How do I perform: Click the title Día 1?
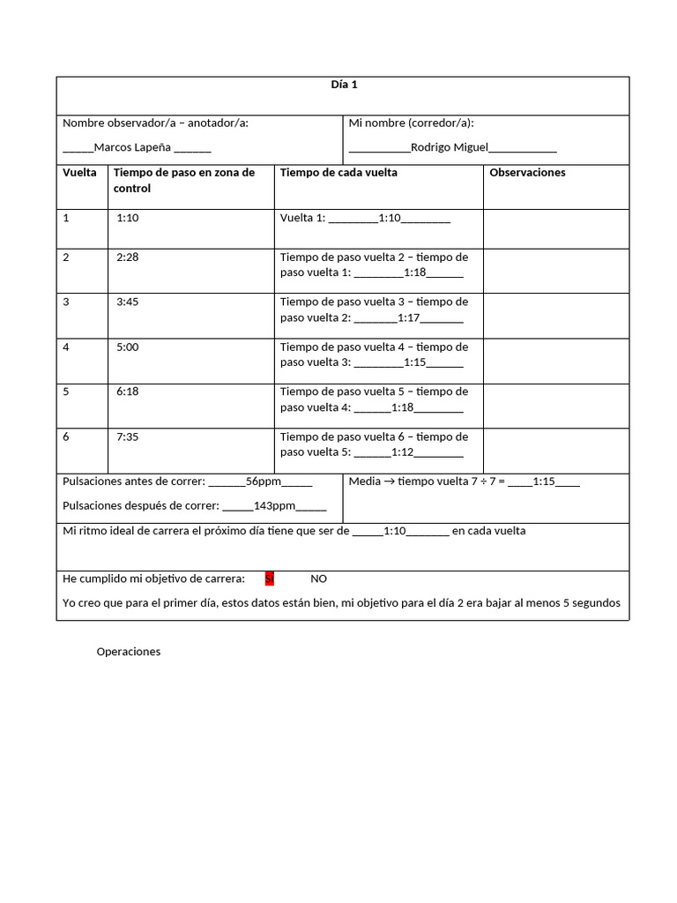(343, 85)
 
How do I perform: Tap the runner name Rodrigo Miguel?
(450, 147)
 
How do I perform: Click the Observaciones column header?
(527, 173)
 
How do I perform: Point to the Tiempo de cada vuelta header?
(338, 173)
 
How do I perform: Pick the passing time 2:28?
(128, 257)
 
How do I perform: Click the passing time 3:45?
(128, 302)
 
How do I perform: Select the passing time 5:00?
(128, 347)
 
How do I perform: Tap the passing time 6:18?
(128, 392)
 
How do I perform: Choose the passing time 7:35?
(128, 437)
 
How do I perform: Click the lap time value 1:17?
(409, 317)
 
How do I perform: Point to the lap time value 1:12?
(402, 452)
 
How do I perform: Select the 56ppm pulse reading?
(264, 481)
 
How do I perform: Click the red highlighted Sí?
(270, 578)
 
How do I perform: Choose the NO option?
(318, 578)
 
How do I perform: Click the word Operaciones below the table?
(129, 652)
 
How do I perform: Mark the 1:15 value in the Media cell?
(544, 481)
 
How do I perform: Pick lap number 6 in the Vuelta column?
(66, 437)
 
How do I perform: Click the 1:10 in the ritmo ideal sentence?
(395, 531)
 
